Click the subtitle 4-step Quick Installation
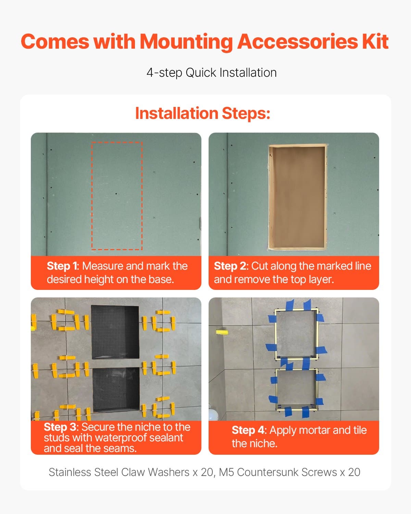point(211,73)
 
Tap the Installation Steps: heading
point(202,113)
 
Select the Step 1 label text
point(62,266)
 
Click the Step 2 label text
point(230,266)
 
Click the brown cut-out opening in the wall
point(297,197)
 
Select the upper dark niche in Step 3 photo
point(115,331)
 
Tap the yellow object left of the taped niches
point(222,332)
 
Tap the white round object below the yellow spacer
point(213,415)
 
